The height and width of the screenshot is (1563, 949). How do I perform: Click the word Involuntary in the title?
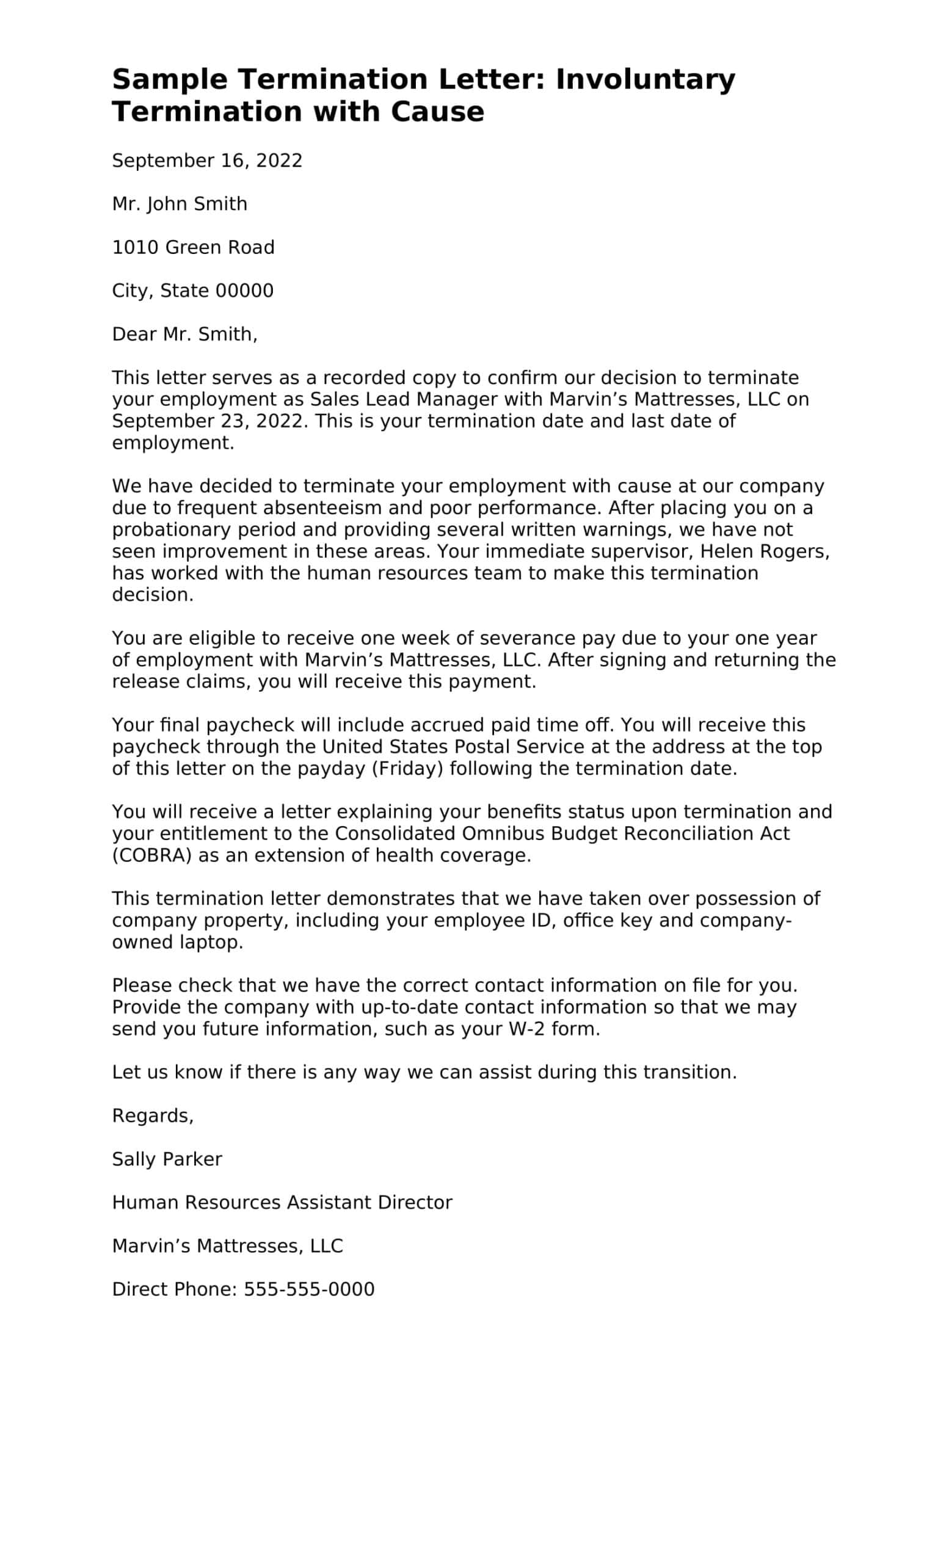click(645, 80)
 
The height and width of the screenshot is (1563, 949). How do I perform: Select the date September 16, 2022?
click(207, 161)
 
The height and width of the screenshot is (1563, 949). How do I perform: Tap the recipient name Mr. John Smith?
click(180, 204)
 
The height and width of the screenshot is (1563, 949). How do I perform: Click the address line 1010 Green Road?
click(193, 247)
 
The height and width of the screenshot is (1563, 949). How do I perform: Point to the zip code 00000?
click(244, 291)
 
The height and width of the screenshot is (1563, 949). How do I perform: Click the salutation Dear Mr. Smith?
click(184, 335)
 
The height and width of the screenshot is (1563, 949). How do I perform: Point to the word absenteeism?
click(322, 508)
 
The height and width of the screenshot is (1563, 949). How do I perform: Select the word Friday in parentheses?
click(407, 769)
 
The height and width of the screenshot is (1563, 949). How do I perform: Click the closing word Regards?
click(152, 1116)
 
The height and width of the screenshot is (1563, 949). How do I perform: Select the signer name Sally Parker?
click(167, 1159)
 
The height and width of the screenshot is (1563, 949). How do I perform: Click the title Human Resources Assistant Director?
click(282, 1203)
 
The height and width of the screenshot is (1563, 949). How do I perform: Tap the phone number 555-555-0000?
click(309, 1289)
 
